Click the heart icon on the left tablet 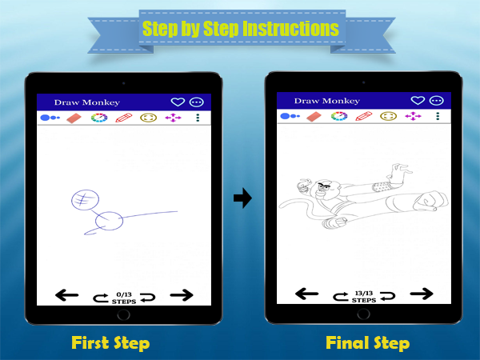(178, 102)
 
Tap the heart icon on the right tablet (418, 101)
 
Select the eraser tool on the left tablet (74, 118)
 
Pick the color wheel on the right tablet (339, 116)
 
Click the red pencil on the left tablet (124, 118)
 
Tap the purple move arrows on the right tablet (413, 116)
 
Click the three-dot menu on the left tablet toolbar (198, 118)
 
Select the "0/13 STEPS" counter (124, 298)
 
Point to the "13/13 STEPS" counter (364, 297)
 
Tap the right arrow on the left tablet (182, 295)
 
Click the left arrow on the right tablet (306, 294)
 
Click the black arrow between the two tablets (242, 198)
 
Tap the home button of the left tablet (124, 314)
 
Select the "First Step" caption (110, 343)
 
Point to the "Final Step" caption (368, 343)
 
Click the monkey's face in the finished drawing (324, 187)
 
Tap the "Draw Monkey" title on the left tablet (87, 102)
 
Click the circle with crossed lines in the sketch (86, 200)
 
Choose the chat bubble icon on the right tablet (437, 101)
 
